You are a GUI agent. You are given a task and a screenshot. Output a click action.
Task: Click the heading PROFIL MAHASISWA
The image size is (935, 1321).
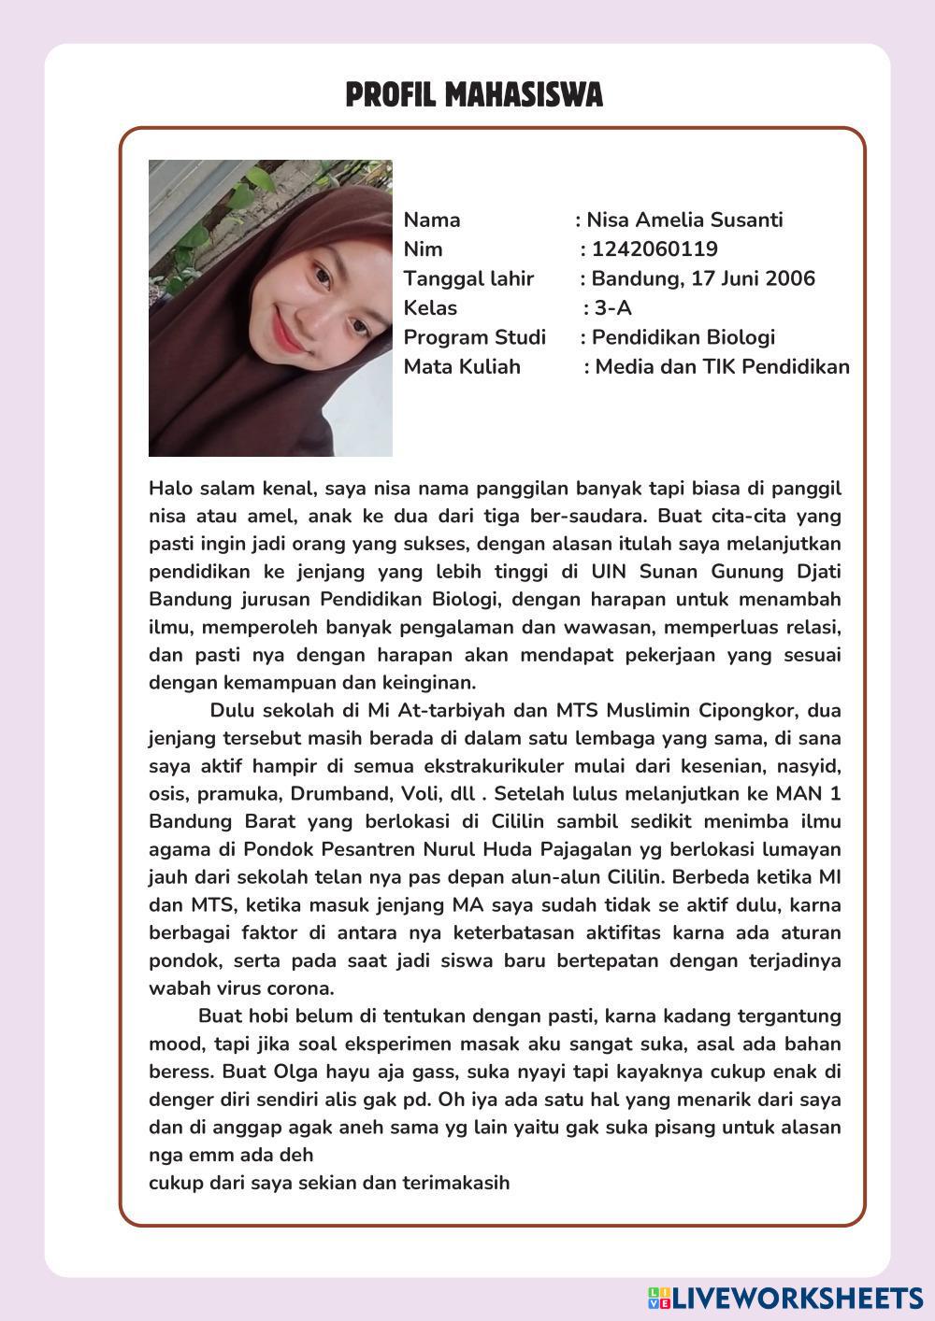tap(474, 95)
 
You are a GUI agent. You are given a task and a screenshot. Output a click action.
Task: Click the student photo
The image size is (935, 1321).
tap(270, 308)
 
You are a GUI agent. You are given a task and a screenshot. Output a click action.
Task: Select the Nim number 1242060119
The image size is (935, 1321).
tap(654, 249)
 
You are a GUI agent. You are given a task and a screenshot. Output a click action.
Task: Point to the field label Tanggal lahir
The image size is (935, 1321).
tap(468, 278)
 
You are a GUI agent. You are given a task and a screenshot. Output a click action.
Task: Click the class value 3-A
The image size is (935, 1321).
tap(612, 308)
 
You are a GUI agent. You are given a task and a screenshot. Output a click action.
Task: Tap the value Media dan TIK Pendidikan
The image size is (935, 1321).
tap(722, 366)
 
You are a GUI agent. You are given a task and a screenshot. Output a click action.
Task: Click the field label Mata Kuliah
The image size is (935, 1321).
tap(462, 366)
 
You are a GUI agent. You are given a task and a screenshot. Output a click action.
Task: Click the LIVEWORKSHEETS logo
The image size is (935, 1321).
tap(784, 1297)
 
